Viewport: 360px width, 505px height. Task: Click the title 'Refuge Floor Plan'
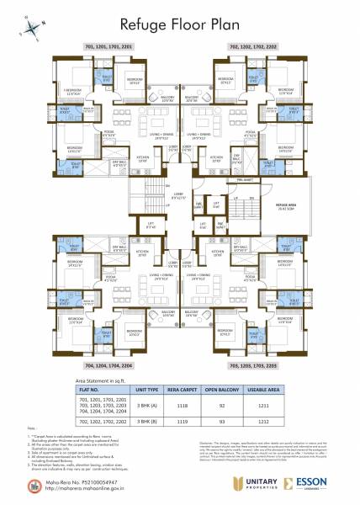[179, 26]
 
